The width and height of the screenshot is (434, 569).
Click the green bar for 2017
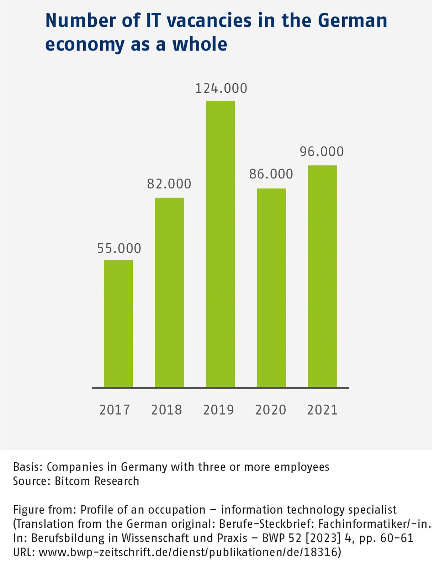click(118, 323)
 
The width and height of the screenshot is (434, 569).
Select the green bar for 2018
click(169, 292)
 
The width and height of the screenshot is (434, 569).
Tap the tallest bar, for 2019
click(220, 244)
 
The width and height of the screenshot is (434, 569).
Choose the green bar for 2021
click(322, 276)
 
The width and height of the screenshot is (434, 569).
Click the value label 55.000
click(119, 248)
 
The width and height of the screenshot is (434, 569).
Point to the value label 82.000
click(169, 184)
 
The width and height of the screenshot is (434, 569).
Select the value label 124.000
click(221, 89)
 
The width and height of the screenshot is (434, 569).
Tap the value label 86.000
click(271, 174)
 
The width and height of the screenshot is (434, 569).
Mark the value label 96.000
click(322, 152)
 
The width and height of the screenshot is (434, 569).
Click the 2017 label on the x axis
click(115, 410)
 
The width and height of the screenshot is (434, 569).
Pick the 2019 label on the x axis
click(218, 410)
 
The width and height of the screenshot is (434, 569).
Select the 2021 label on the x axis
click(322, 410)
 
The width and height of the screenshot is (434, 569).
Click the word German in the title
click(352, 20)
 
